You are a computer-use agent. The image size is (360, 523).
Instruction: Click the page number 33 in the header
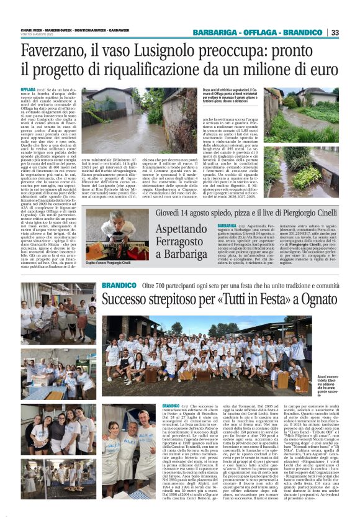pyautogui.click(x=335, y=32)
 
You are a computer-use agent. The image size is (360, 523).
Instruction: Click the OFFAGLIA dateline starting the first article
pyautogui.click(x=28, y=89)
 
